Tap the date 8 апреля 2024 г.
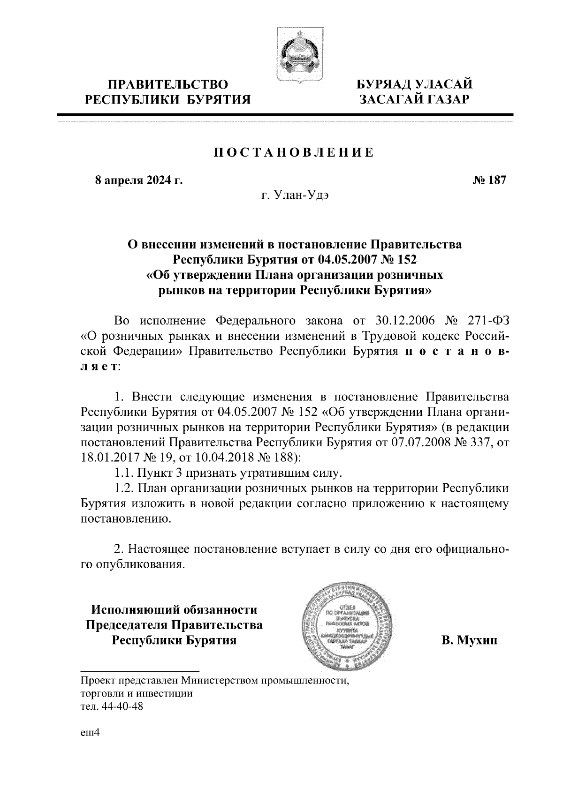click(138, 180)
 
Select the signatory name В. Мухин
click(469, 640)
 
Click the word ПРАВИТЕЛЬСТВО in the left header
click(168, 85)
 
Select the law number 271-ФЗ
click(488, 321)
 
